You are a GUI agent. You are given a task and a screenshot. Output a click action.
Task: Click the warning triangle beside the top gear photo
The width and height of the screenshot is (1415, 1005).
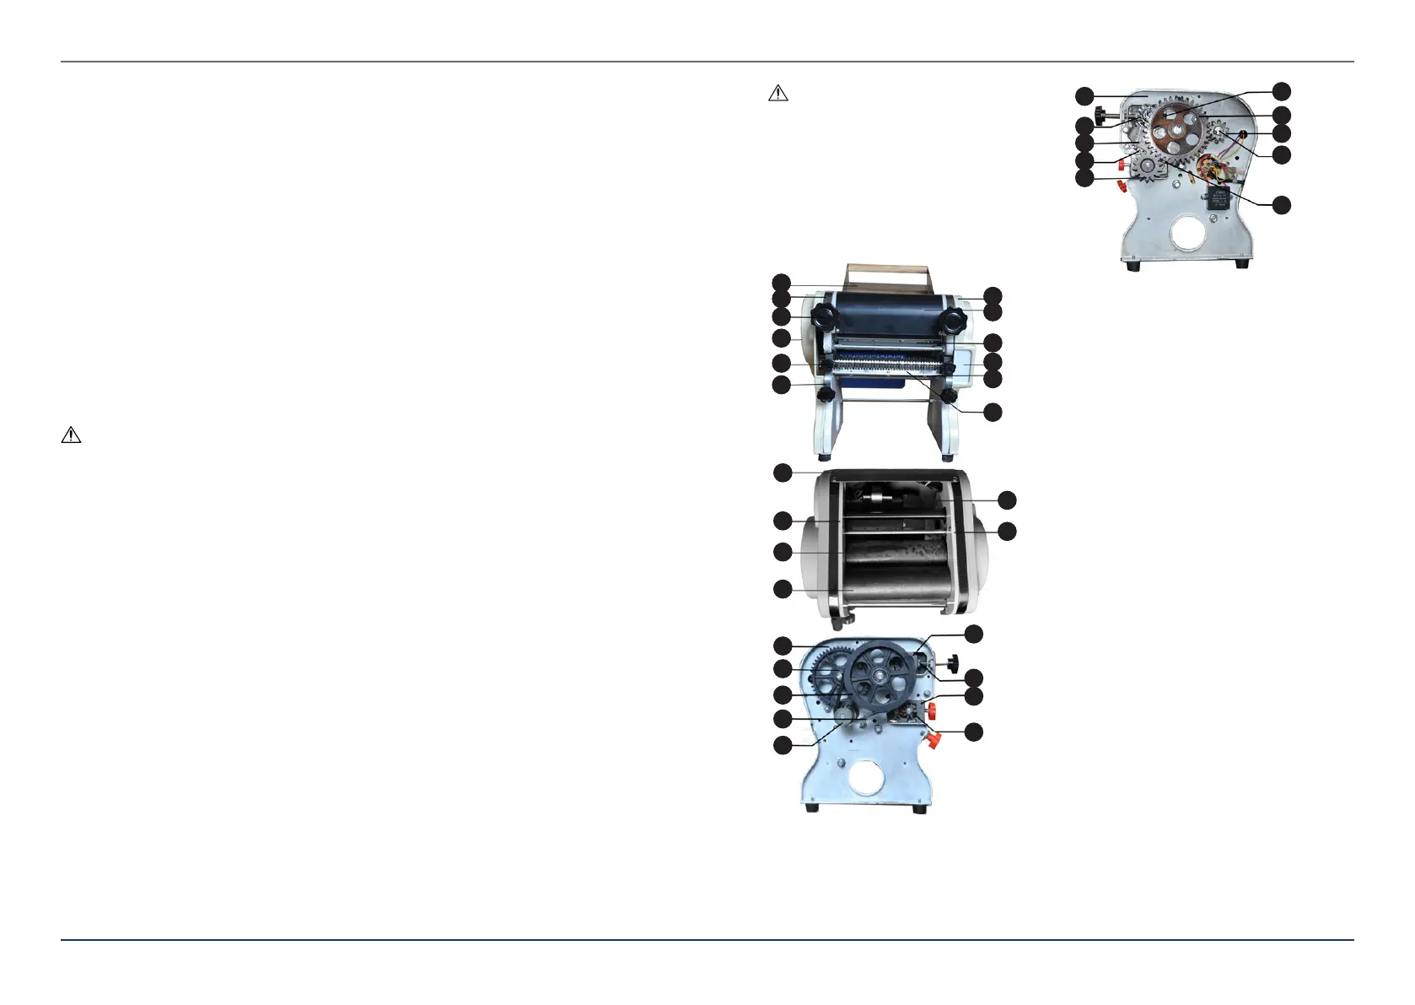click(x=777, y=94)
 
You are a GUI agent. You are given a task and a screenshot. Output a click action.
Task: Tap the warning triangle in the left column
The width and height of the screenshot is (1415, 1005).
click(x=71, y=435)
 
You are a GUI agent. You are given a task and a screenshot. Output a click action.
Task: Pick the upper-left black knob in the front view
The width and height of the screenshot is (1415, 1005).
click(x=823, y=317)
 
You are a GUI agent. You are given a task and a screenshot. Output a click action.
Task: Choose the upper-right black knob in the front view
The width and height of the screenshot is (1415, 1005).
click(x=955, y=320)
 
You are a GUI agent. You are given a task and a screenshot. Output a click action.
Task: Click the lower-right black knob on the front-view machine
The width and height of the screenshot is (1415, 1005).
click(x=950, y=396)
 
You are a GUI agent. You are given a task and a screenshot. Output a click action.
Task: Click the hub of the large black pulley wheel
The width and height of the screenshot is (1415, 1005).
click(x=880, y=677)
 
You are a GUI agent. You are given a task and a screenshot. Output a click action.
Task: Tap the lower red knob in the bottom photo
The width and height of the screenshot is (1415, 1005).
click(x=933, y=741)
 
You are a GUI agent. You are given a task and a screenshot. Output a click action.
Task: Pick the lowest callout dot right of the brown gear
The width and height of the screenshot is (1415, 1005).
click(x=1281, y=205)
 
